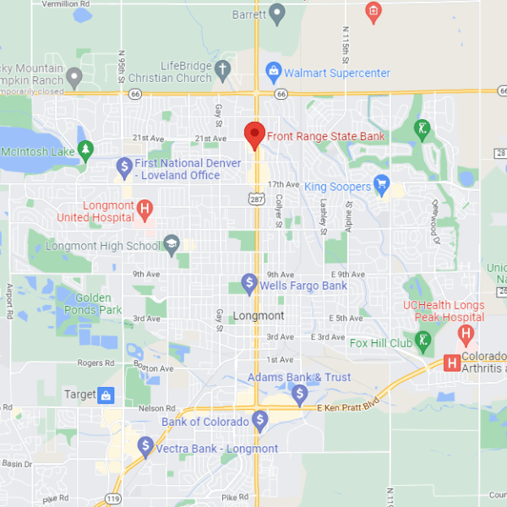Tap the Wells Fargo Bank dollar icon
(249, 282)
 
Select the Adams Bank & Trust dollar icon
(299, 393)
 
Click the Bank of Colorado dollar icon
(259, 419)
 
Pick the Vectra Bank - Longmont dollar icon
(145, 445)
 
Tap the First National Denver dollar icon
(124, 166)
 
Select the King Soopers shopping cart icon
(381, 184)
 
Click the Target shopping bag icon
(106, 395)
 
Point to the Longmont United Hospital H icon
(145, 209)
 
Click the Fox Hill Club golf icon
(423, 340)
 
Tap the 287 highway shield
(254, 199)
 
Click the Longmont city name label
(259, 316)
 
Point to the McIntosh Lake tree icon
(85, 150)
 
